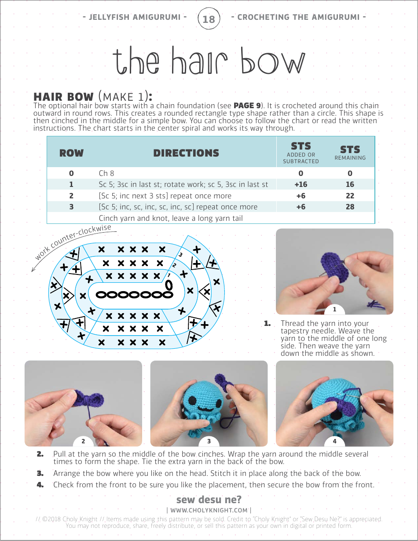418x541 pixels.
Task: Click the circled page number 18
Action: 209,19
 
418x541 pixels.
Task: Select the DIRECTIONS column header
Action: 186,153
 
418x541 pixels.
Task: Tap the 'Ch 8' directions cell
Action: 106,173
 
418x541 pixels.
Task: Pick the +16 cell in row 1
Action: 301,184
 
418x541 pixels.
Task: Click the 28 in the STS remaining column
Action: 350,207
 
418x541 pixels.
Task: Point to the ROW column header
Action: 71,153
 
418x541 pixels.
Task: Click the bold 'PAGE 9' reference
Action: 249,106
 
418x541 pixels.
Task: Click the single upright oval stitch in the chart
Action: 169,285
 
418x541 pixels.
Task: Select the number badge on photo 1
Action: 334,309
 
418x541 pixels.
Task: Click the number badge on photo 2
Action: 83,441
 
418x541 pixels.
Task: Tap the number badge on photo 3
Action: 209,441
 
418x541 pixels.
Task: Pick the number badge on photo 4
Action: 334,441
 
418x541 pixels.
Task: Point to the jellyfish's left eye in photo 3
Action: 192,400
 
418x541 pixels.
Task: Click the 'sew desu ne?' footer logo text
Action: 209,500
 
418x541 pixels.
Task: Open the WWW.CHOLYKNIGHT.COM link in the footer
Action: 209,510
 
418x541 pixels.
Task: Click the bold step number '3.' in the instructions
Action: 40,473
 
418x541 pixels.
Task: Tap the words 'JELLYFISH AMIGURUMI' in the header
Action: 135,17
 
